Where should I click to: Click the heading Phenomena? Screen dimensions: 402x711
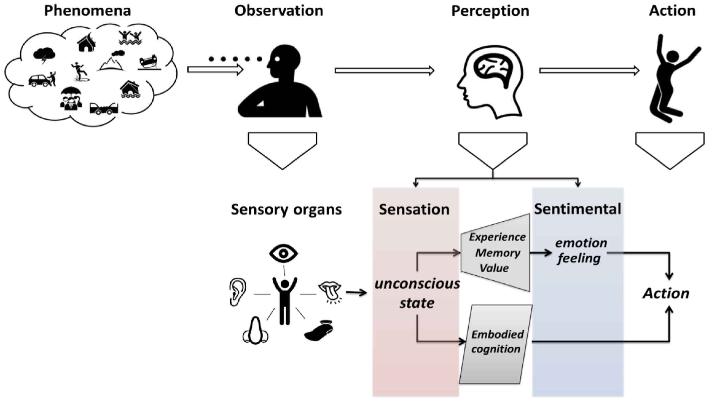click(x=88, y=10)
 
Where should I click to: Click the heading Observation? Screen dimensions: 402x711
click(x=279, y=10)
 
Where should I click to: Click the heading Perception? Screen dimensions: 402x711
click(x=490, y=11)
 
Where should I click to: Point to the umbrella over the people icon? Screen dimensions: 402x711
click(x=71, y=92)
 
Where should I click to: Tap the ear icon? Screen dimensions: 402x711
click(x=238, y=292)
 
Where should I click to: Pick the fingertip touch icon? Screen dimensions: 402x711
click(x=319, y=331)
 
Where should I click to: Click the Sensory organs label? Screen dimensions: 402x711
click(x=286, y=210)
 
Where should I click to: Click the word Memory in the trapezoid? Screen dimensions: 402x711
click(x=498, y=253)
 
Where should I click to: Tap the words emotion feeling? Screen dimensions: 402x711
click(x=580, y=250)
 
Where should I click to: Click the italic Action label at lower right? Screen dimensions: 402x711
click(x=666, y=294)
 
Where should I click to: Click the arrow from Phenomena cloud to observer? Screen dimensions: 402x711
click(x=215, y=70)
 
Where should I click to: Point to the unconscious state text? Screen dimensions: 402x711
click(x=417, y=294)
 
